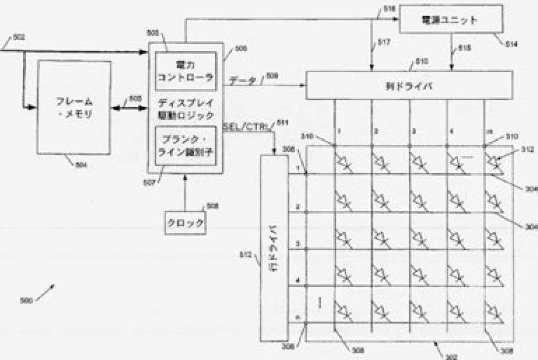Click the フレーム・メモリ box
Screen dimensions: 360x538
[x=74, y=107]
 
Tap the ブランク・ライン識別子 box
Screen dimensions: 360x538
[x=184, y=143]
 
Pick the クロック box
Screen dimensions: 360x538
[x=186, y=223]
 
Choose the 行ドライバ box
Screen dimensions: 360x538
[x=275, y=249]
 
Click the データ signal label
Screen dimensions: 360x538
[x=242, y=81]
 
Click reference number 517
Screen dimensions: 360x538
[x=383, y=43]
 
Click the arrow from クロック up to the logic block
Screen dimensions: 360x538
[x=184, y=191]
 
